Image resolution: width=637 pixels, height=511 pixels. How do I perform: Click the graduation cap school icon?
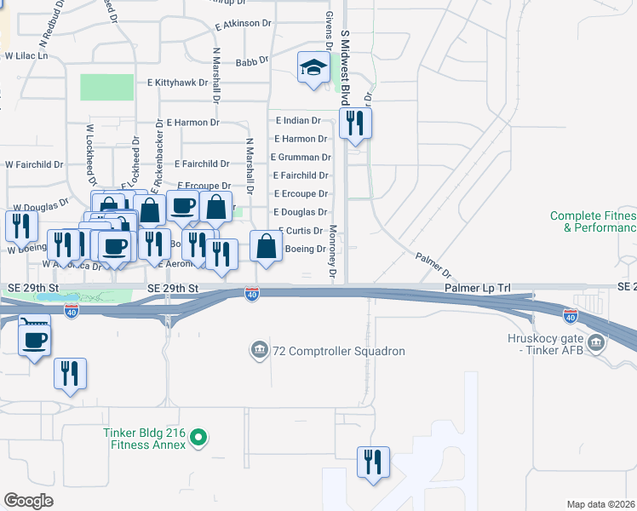(x=313, y=67)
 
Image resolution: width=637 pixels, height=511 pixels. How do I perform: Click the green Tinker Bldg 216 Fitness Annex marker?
(x=198, y=439)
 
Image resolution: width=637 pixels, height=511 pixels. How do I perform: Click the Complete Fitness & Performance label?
(x=594, y=222)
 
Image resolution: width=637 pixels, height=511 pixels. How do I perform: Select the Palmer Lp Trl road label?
(x=477, y=289)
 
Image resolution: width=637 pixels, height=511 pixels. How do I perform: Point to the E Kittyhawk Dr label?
(x=177, y=83)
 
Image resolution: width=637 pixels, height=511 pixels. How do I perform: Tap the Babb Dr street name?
(x=251, y=61)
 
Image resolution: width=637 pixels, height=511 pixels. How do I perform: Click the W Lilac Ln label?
(x=26, y=55)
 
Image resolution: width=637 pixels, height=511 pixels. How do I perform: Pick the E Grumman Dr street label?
(x=301, y=157)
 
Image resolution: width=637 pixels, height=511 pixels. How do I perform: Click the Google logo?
(x=28, y=501)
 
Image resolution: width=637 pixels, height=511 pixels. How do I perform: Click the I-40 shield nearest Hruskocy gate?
(x=570, y=317)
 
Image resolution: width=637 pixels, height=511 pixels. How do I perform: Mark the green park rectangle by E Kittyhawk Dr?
(x=106, y=87)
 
